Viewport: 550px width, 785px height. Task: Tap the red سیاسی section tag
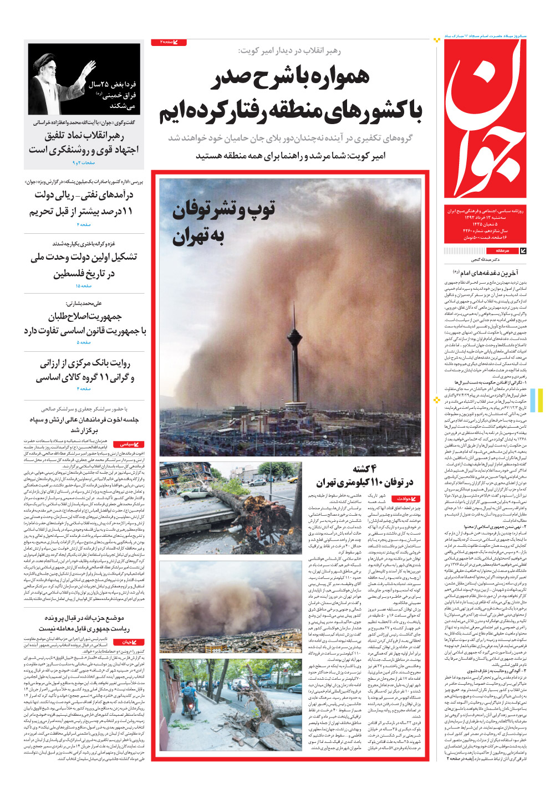click(129, 444)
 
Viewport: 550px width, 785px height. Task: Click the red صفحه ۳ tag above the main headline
click(168, 42)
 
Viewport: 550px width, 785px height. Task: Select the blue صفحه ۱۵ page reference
click(84, 286)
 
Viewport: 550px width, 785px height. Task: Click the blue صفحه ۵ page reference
click(84, 342)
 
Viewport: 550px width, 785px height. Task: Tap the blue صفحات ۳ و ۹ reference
click(84, 163)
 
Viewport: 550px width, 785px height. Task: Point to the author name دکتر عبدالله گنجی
click(486, 259)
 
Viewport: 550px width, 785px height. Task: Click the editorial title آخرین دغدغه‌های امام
click(486, 273)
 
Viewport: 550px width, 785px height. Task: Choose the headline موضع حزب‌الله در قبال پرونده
click(84, 618)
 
